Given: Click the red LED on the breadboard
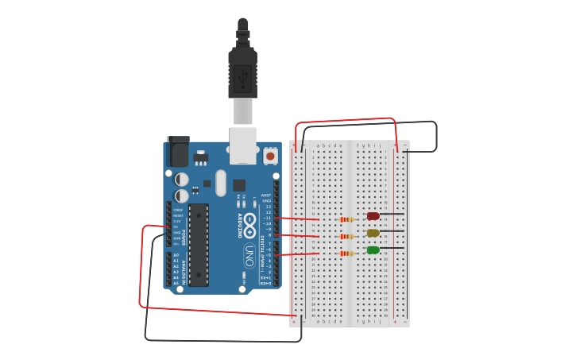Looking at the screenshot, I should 373,216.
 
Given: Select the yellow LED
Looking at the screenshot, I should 373,233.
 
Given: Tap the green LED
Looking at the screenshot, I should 373,250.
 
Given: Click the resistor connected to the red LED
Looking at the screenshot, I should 346,219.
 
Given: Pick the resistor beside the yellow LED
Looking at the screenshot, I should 346,236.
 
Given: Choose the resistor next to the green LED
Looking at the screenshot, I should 346,254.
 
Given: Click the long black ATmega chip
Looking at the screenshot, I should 198,244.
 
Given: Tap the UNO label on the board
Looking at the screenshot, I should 249,255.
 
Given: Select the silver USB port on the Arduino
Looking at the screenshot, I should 243,145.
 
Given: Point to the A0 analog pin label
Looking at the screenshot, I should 176,255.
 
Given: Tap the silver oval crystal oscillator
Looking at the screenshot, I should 221,183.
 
